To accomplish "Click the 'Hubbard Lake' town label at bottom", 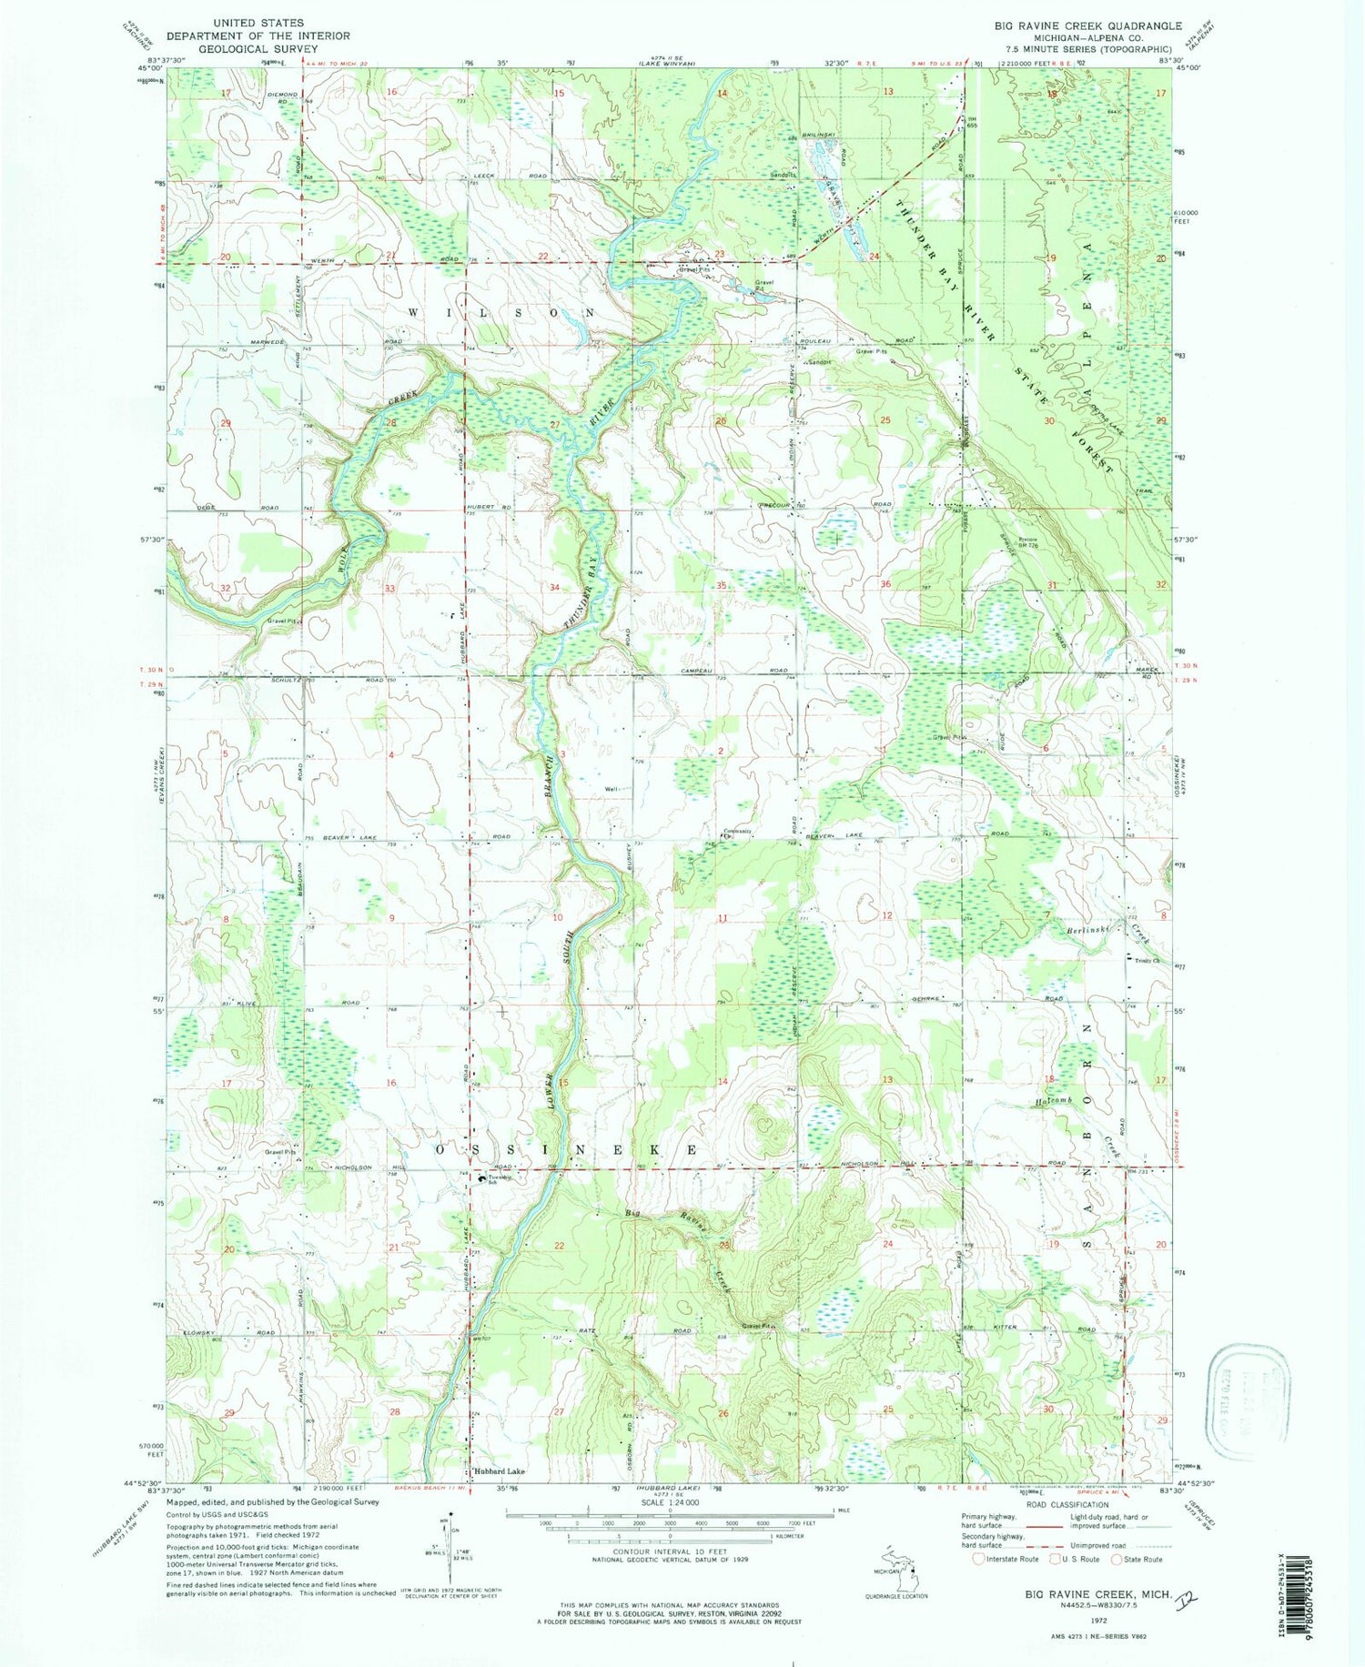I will (499, 1471).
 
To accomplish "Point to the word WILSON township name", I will (502, 312).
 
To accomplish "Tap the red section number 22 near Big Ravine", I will (558, 1246).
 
